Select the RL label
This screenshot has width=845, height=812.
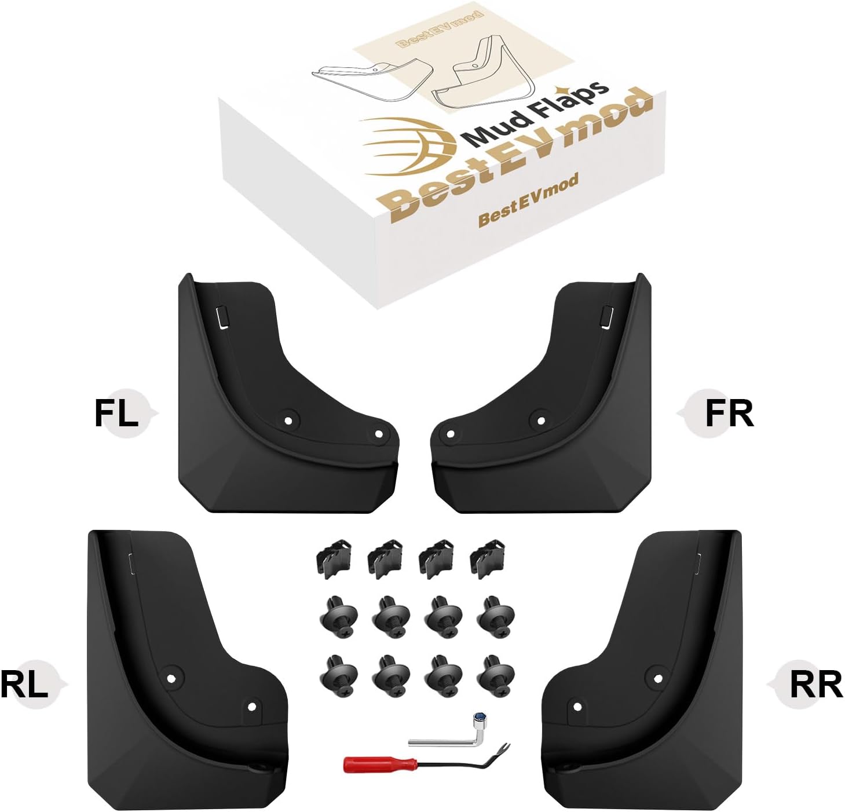pos(24,686)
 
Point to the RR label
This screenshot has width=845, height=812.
pos(815,686)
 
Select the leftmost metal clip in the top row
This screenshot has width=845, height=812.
pos(334,559)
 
